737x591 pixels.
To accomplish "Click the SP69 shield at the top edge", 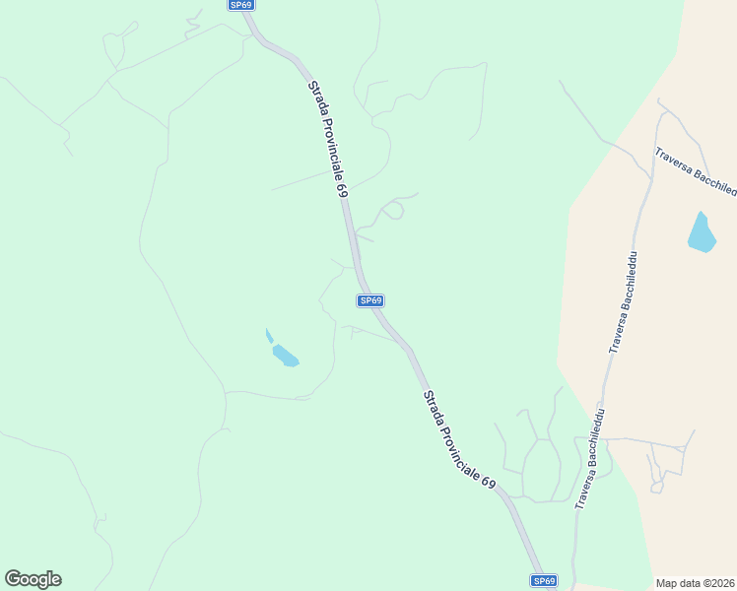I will (x=241, y=5).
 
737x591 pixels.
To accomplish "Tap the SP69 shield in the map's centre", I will (x=370, y=300).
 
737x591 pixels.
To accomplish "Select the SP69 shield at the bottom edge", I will (x=544, y=581).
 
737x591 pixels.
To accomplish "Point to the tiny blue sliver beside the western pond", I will (x=269, y=336).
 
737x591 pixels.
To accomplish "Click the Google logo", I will (x=33, y=579).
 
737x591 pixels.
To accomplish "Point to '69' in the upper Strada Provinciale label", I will (x=343, y=189).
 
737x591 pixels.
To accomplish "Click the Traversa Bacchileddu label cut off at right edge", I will (x=696, y=171).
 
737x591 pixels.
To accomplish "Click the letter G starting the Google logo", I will (x=13, y=578).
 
